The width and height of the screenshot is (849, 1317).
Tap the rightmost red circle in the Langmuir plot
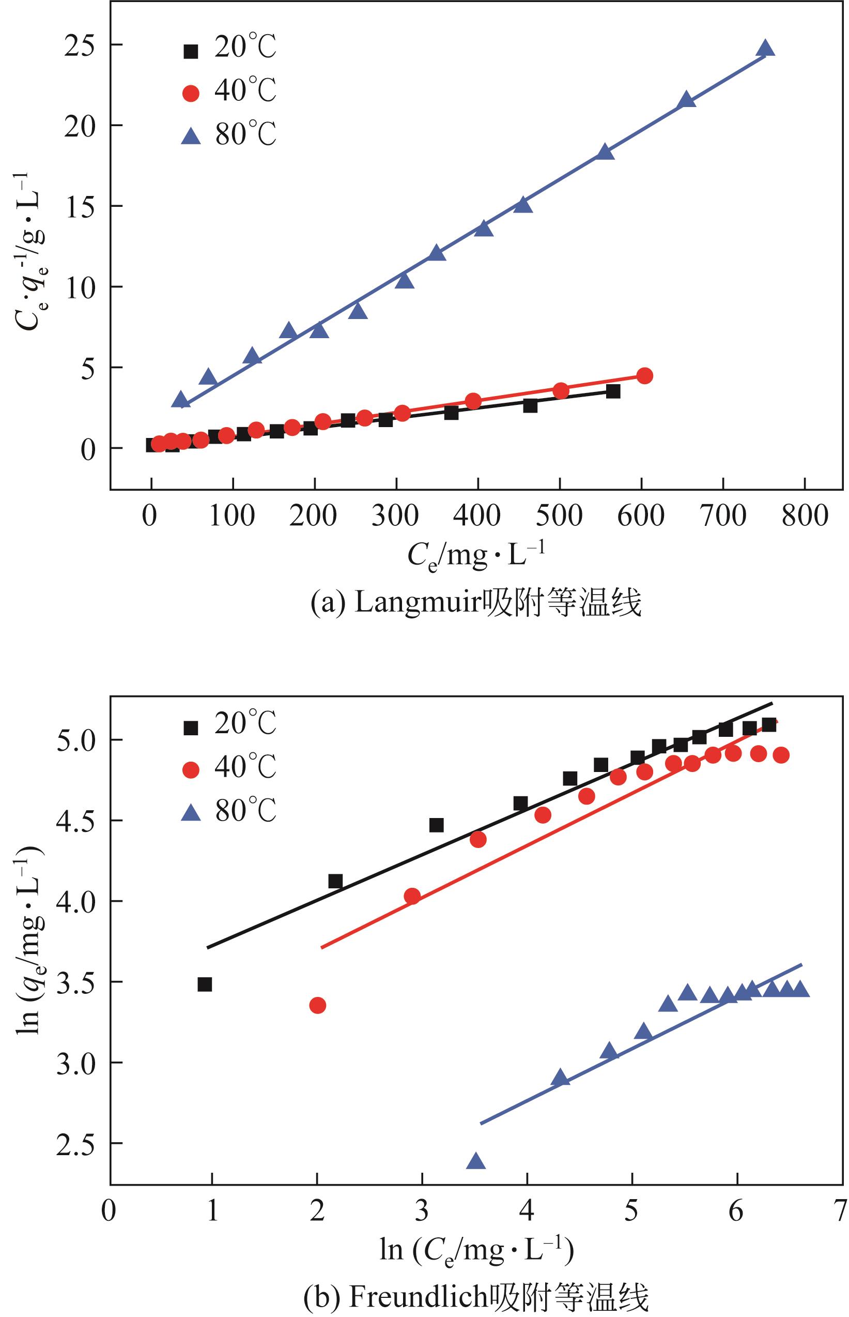[644, 375]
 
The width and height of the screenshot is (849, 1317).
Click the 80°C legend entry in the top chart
[229, 134]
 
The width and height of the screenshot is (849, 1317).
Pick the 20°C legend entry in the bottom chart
[229, 722]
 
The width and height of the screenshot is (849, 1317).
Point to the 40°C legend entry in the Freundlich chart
[229, 767]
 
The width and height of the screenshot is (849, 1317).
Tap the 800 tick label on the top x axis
[805, 516]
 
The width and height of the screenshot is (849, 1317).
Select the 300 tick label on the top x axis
[395, 516]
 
